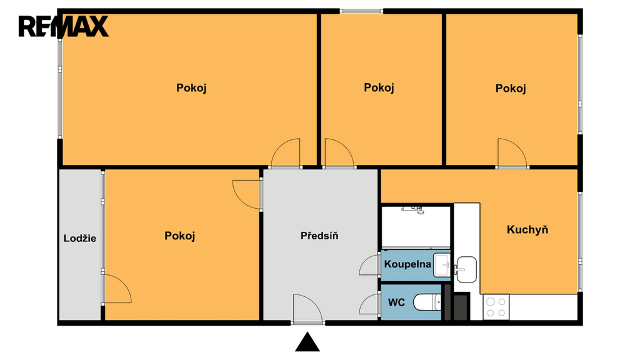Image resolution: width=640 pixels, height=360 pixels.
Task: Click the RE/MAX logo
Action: [x=63, y=26]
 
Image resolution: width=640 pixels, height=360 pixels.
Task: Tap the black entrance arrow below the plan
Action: [x=307, y=342]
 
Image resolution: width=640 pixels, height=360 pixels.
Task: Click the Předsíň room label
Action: [x=319, y=236]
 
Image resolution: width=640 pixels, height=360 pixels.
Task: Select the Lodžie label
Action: [x=80, y=238]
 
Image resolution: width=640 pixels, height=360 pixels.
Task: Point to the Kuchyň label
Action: [x=527, y=229]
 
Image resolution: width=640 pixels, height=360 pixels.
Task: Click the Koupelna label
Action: [x=407, y=264]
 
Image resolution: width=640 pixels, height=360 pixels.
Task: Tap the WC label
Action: [x=396, y=302]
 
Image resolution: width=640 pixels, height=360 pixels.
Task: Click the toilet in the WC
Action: [x=427, y=302]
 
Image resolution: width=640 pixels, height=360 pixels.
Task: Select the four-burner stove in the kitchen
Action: [x=496, y=307]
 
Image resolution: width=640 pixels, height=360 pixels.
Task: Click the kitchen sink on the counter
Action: [x=466, y=269]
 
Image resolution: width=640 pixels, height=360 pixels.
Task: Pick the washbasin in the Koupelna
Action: [x=442, y=265]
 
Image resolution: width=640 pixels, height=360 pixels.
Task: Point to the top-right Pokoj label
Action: [x=510, y=88]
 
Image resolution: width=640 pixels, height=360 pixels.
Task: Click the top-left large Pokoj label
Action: [x=191, y=87]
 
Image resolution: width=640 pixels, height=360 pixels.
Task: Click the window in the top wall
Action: [x=361, y=11]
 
